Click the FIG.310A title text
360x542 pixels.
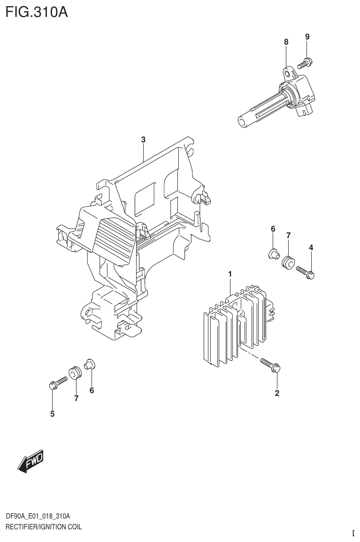coord(37,11)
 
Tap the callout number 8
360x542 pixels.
coord(286,42)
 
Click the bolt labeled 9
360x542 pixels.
coord(305,63)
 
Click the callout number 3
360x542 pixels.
coord(144,139)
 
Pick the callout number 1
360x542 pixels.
coord(230,273)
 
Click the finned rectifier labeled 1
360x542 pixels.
coord(235,324)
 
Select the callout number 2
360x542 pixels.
coord(277,393)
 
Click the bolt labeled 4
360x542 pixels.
coord(305,271)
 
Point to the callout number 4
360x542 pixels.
coord(311,248)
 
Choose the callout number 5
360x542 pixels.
coord(53,414)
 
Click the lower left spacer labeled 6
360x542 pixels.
coord(89,364)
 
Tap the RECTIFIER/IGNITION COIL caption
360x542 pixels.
coord(43,527)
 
